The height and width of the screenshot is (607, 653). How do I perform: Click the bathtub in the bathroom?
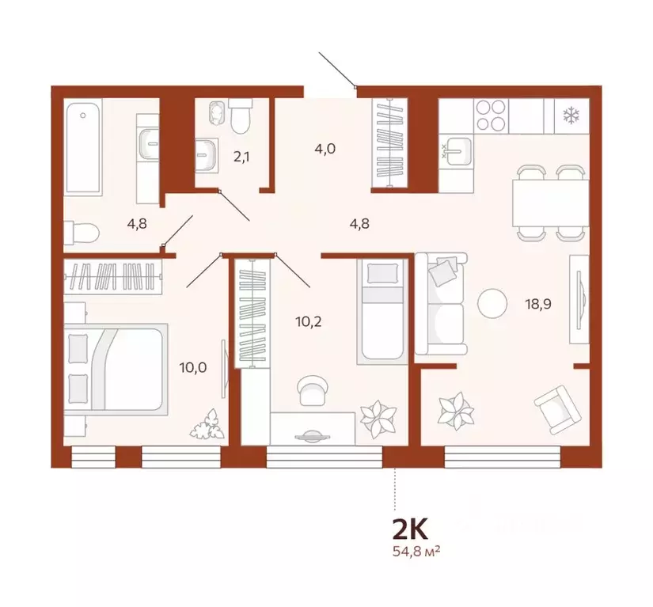click(x=83, y=147)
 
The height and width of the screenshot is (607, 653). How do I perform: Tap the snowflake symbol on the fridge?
click(x=569, y=116)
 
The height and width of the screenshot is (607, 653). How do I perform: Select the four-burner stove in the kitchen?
click(x=491, y=116)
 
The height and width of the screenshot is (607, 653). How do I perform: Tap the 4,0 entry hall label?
click(x=325, y=148)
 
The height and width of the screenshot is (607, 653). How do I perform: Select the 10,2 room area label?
click(x=308, y=321)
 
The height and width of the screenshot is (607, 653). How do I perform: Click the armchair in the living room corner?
click(x=557, y=406)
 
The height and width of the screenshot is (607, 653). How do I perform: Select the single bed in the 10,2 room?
click(x=382, y=309)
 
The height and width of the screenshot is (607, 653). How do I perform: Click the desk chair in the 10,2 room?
click(x=311, y=389)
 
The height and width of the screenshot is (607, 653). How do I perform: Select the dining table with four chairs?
click(x=549, y=202)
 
